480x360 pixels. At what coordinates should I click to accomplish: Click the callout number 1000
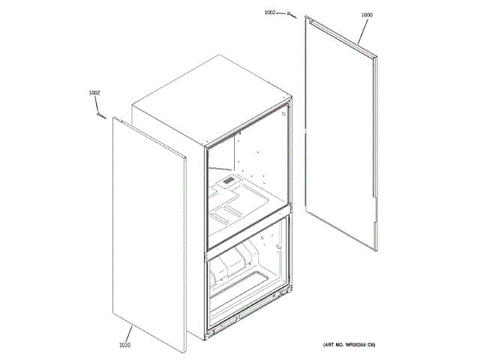point(366,15)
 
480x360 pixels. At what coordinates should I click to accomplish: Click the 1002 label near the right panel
point(270,13)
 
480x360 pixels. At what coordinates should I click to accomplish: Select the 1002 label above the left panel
point(94,92)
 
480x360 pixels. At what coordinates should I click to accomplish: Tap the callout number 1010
point(124,345)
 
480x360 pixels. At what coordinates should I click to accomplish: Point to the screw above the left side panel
point(100,115)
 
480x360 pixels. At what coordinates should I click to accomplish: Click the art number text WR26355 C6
point(349,344)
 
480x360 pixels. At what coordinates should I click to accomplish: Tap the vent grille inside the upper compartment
point(226,181)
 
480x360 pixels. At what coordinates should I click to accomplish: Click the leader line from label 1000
point(361,30)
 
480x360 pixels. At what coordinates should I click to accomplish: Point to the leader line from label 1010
point(130,334)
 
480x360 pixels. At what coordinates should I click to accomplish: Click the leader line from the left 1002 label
point(97,103)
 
